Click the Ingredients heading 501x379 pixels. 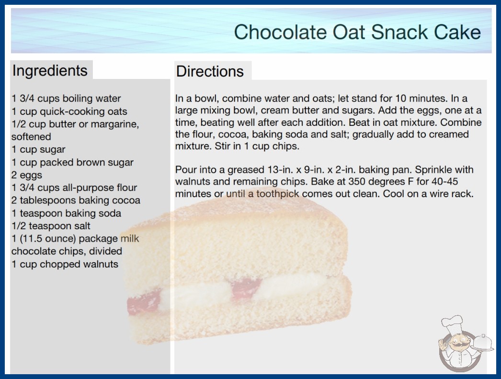(x=50, y=71)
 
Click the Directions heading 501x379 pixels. (x=210, y=71)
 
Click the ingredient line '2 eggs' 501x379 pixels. (x=27, y=175)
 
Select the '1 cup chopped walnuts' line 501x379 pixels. (x=65, y=264)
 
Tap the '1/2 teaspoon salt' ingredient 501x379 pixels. (x=51, y=226)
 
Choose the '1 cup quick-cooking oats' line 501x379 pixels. (x=69, y=111)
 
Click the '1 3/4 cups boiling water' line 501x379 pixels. (x=66, y=99)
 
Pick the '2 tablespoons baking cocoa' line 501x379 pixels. (x=76, y=200)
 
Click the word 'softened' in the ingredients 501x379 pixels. (x=31, y=137)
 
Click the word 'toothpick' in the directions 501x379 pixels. (x=278, y=193)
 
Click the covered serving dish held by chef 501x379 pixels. (x=482, y=343)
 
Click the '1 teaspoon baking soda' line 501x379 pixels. (x=66, y=213)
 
